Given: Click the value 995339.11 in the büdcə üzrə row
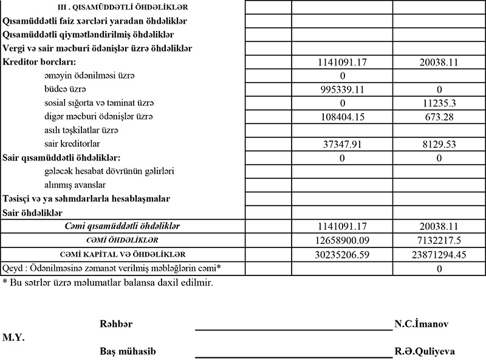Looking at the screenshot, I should [342, 89].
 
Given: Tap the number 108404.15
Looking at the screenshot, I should [342, 116].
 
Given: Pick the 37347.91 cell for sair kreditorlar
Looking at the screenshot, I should [342, 144].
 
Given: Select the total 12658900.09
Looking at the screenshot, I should [342, 240].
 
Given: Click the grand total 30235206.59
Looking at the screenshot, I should [342, 254].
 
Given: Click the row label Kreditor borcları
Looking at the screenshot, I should [42, 62].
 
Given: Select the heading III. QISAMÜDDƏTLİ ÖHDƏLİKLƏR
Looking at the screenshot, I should [122, 7].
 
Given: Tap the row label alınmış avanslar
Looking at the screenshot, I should [75, 185].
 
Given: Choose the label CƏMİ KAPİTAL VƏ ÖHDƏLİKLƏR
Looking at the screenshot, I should [123, 254].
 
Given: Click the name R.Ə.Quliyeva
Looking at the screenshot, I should [425, 351].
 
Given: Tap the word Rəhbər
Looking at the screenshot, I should [116, 324].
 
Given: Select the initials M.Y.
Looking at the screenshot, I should [13, 337].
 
